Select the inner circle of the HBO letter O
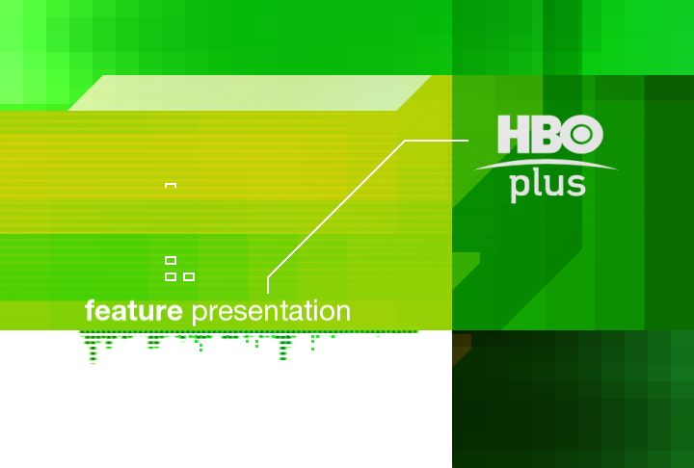(581, 135)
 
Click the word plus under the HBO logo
(547, 187)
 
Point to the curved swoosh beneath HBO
(546, 163)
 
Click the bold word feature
(134, 310)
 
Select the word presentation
(271, 312)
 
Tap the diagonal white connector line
(336, 209)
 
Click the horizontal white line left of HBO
(437, 141)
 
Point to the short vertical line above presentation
(268, 285)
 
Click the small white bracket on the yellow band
(171, 184)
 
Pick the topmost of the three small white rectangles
(171, 260)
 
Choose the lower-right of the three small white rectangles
(189, 277)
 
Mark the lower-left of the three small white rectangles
(171, 277)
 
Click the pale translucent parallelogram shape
(250, 92)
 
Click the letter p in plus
(519, 189)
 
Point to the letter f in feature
(91, 310)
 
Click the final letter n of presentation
(343, 313)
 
